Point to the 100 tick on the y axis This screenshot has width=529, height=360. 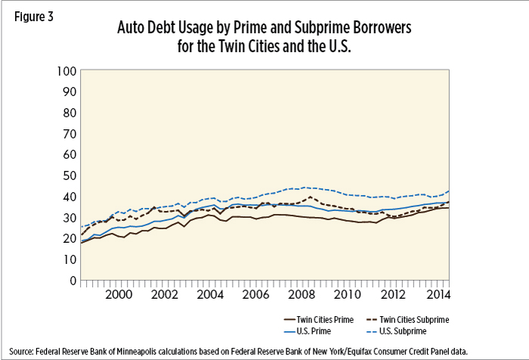click(x=66, y=71)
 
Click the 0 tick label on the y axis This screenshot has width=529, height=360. click(x=72, y=280)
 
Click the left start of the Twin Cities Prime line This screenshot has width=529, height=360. click(x=80, y=242)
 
